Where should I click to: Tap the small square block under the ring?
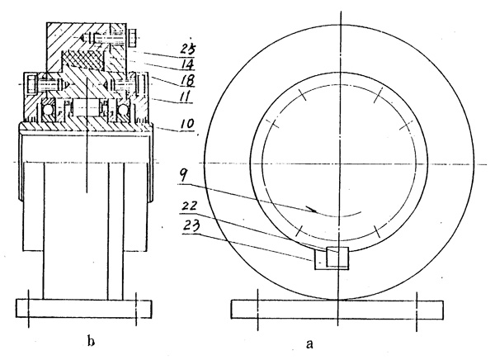[338, 257]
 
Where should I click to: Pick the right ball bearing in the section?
[126, 109]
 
